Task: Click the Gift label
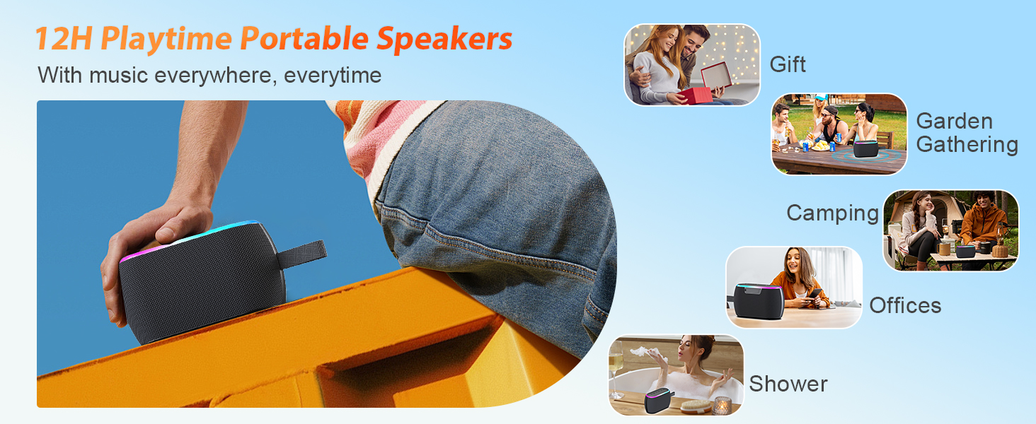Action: (x=788, y=64)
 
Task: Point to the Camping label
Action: (x=832, y=213)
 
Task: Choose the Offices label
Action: (x=905, y=305)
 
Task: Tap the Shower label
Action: (x=788, y=384)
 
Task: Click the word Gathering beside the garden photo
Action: (x=967, y=144)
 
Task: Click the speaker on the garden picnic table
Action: (x=866, y=148)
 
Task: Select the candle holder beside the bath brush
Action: (x=723, y=405)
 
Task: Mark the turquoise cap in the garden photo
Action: (x=821, y=98)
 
